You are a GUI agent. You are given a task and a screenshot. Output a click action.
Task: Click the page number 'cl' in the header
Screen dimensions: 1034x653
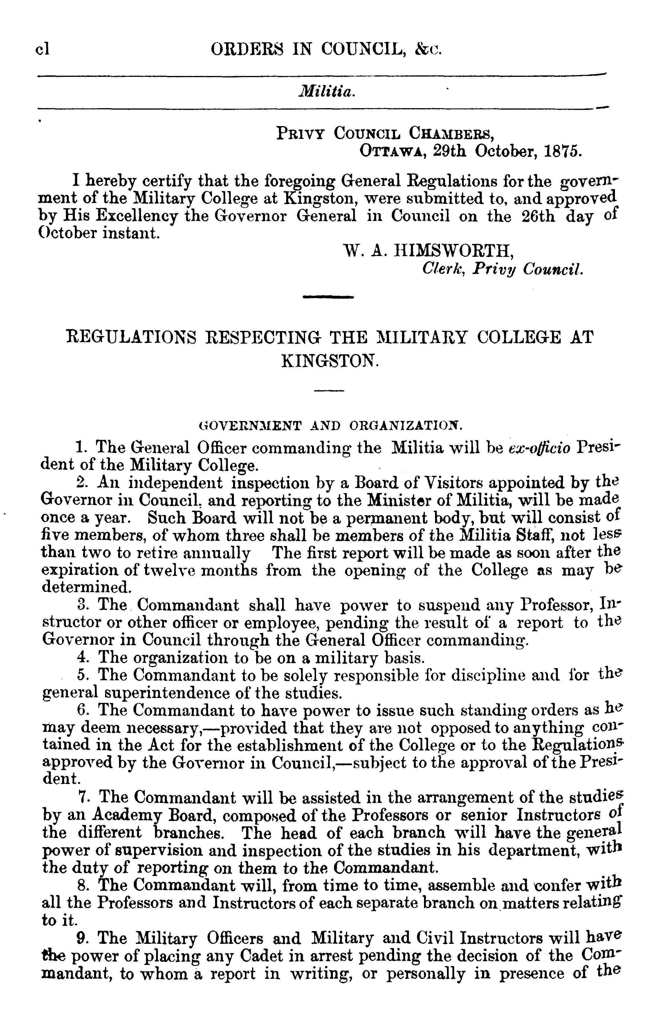pos(43,50)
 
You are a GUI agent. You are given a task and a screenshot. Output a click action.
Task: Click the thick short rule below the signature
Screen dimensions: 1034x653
pos(328,297)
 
